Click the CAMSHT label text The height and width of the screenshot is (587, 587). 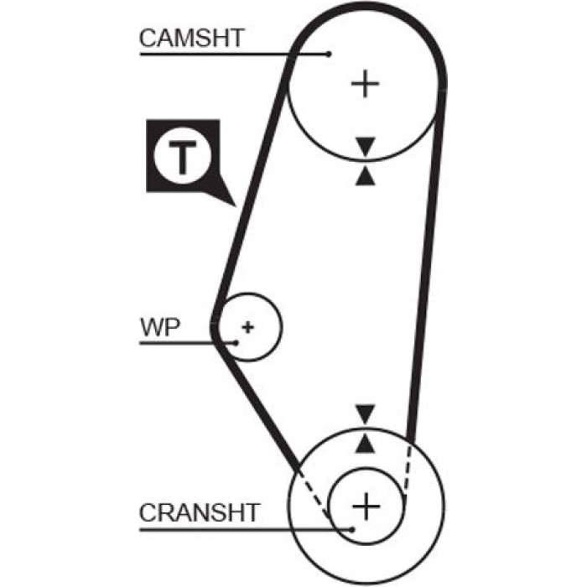coord(192,38)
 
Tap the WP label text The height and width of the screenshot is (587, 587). coord(160,327)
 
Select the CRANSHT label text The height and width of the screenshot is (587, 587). coord(200,512)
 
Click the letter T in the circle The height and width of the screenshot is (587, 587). coord(183,158)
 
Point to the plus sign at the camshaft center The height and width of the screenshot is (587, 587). coord(366,84)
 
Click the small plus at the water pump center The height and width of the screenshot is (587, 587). coord(248,327)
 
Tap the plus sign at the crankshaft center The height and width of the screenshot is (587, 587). coord(366,506)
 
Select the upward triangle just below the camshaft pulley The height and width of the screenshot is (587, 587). coord(366,176)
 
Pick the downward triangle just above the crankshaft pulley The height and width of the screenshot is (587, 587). coord(366,414)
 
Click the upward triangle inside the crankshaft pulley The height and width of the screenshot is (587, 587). coord(366,444)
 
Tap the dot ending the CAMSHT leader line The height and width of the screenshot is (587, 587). coord(329,55)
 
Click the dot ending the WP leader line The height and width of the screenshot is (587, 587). coord(236,342)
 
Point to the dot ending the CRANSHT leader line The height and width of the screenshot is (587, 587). coord(351,529)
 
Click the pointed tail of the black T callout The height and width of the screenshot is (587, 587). coord(236,206)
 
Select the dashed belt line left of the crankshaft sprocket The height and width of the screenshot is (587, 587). coord(314,495)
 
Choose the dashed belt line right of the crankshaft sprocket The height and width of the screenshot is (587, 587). coord(408,468)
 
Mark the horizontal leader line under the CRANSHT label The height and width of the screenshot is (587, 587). coord(246,530)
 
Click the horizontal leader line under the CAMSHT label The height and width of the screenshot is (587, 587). coord(234,55)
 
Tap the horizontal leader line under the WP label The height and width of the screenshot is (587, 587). coord(188,342)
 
